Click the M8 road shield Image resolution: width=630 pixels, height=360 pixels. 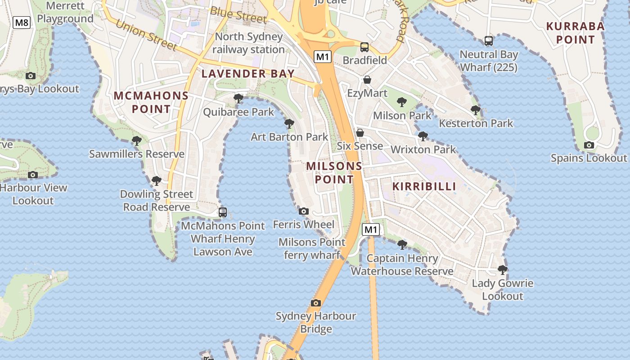(x=22, y=22)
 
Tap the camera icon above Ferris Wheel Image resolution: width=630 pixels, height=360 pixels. (x=304, y=211)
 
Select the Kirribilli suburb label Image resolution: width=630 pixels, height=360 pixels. (x=424, y=186)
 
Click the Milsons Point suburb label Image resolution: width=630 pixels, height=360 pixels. (x=334, y=173)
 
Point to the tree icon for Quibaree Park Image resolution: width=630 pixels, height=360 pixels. (x=238, y=98)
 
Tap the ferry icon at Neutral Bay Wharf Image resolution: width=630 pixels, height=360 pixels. (x=489, y=41)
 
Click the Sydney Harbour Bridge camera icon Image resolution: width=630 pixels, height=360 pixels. (x=316, y=303)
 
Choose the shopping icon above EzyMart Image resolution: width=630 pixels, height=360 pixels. (x=367, y=80)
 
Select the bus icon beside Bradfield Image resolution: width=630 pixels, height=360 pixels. (x=364, y=47)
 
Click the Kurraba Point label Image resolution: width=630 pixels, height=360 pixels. (x=575, y=33)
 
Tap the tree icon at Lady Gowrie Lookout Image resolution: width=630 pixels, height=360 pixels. (x=503, y=270)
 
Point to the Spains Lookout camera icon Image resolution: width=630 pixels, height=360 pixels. (x=589, y=145)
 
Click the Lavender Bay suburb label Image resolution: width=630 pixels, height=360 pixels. (x=248, y=74)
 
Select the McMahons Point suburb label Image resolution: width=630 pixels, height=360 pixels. (x=151, y=102)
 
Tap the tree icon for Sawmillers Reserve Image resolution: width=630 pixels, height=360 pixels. (x=137, y=141)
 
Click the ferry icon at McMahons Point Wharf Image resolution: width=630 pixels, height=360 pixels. (x=222, y=212)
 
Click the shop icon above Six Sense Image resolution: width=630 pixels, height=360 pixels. (x=360, y=133)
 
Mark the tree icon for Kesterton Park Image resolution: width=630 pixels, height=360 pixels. (x=476, y=110)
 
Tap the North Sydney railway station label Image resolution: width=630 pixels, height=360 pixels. (x=248, y=43)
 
